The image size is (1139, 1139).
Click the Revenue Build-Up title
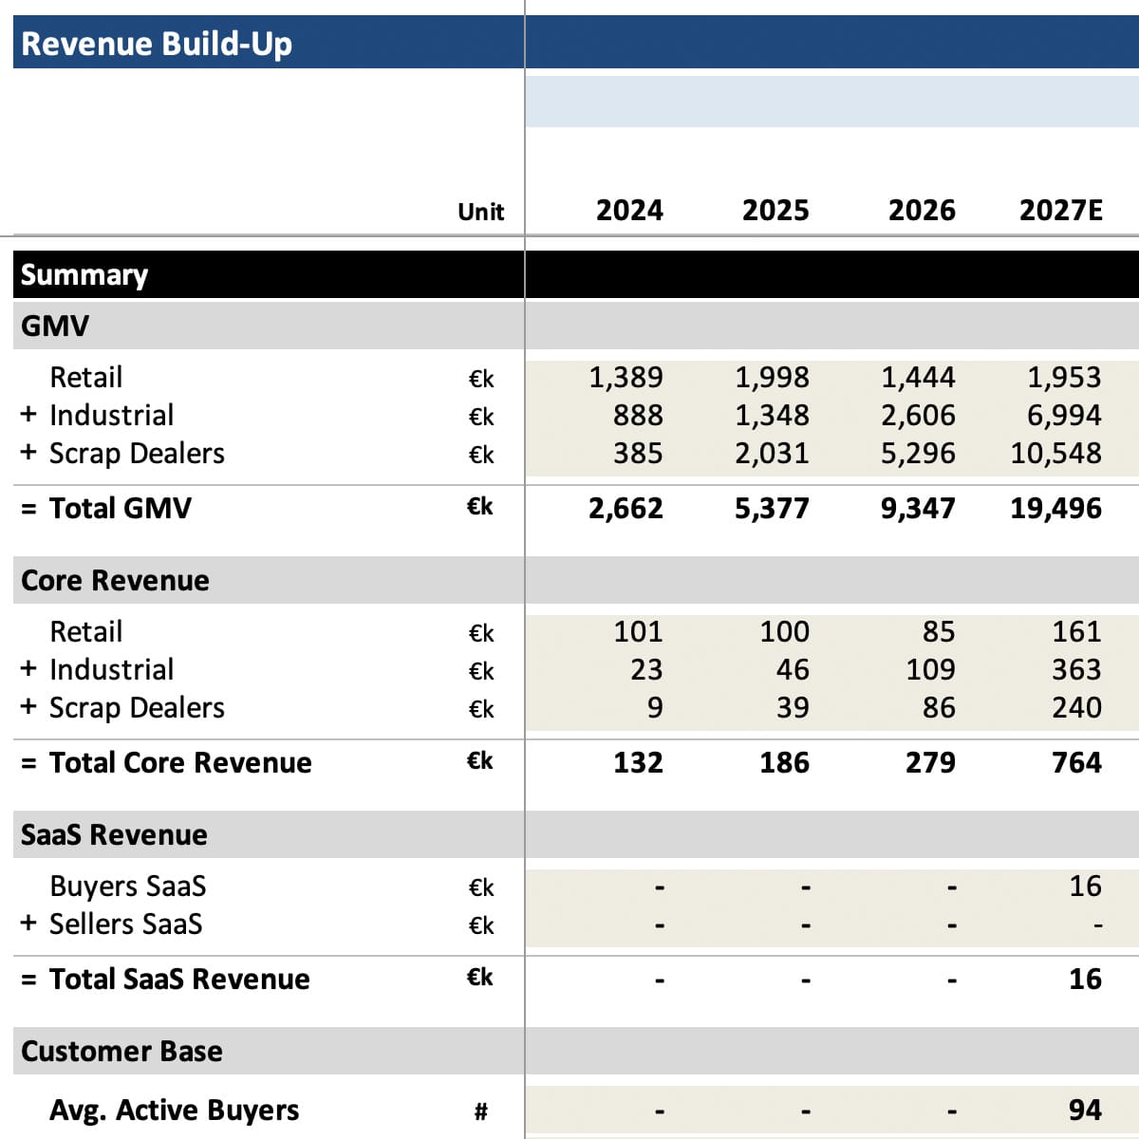tap(157, 45)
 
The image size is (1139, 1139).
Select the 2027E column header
tap(1061, 211)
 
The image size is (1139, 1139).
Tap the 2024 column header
tap(629, 211)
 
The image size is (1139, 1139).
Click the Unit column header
tap(481, 212)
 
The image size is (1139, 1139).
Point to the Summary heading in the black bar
tap(84, 275)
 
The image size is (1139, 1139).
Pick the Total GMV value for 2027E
tap(1056, 509)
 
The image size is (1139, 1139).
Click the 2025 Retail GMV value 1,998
tap(772, 377)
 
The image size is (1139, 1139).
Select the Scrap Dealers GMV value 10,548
tap(1056, 454)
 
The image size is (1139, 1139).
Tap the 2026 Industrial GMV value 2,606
tap(918, 415)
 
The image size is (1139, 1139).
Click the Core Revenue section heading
tap(115, 581)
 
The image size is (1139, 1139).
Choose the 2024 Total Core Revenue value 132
tap(639, 762)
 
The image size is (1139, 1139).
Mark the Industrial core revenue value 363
tap(1077, 670)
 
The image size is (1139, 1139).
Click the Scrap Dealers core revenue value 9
tap(655, 707)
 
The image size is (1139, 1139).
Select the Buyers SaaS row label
tap(128, 886)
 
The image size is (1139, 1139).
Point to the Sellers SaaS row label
tap(126, 924)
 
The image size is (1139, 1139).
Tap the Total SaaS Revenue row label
tap(179, 979)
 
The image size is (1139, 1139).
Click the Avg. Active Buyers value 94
tap(1086, 1110)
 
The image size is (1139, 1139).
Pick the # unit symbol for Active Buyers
tap(481, 1111)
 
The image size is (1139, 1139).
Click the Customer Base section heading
tap(121, 1051)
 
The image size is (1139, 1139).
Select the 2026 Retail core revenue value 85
tap(940, 631)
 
